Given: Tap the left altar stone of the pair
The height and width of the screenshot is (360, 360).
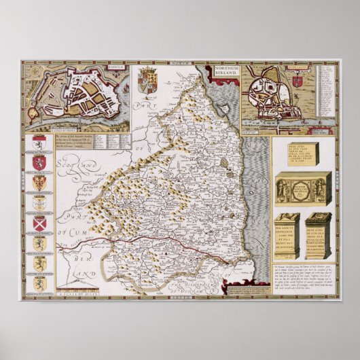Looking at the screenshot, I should point(286,234).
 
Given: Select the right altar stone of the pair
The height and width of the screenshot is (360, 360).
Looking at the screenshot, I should point(318,234).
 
